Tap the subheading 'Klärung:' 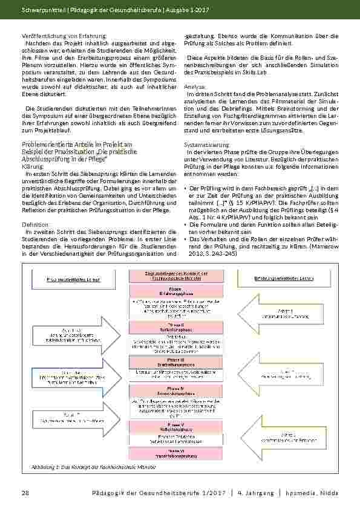(31, 166)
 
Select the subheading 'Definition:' (35, 224)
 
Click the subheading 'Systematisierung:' (206, 145)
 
